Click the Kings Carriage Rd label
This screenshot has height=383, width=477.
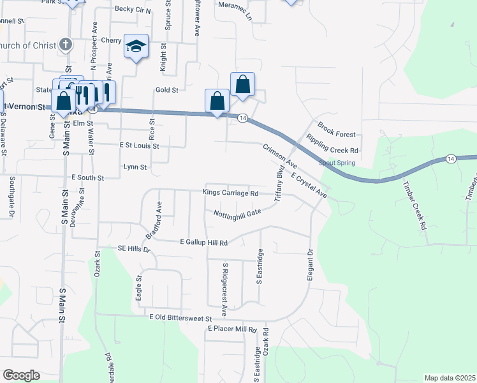[x=230, y=193]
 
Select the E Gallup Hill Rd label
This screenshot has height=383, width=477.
[x=204, y=243]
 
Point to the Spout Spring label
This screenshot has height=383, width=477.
[x=337, y=163]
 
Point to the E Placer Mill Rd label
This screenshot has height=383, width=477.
[x=231, y=329]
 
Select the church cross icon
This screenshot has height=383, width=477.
[x=65, y=45]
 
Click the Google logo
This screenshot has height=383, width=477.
[x=21, y=375]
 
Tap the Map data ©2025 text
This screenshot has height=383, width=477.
[x=449, y=378]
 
